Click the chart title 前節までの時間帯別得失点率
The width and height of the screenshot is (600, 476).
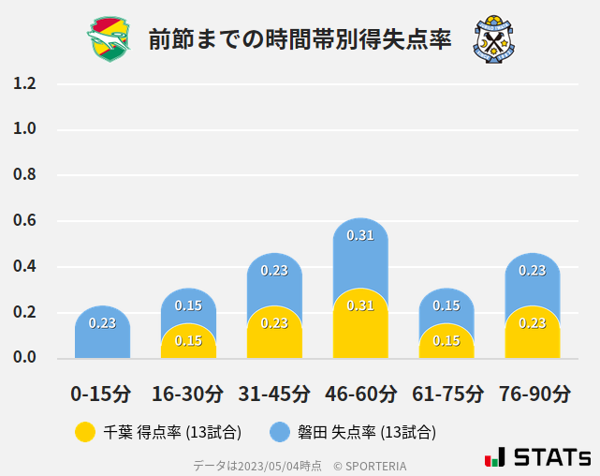point(300,38)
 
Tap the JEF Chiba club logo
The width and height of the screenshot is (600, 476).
point(110,38)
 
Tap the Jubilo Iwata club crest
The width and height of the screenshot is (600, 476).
point(494,38)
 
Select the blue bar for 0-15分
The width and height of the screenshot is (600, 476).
point(102,333)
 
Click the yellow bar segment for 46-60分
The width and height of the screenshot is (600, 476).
point(360,328)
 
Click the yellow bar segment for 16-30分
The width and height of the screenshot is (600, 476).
point(188,343)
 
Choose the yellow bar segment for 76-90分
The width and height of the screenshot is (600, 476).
point(533,334)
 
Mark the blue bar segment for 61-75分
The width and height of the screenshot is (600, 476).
point(446,305)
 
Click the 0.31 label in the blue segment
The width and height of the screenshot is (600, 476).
point(360,235)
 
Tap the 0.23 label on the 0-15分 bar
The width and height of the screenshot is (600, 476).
point(102,323)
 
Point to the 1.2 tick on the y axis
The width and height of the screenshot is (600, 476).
point(25,83)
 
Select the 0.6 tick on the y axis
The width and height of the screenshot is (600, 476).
point(25,221)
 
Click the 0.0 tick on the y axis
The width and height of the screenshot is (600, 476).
point(25,358)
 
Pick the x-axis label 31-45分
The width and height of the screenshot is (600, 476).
point(274,394)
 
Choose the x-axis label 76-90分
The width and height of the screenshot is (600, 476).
point(533,394)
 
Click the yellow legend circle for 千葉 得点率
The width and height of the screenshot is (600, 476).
point(85,432)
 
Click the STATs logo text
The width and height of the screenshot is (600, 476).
point(551,457)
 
